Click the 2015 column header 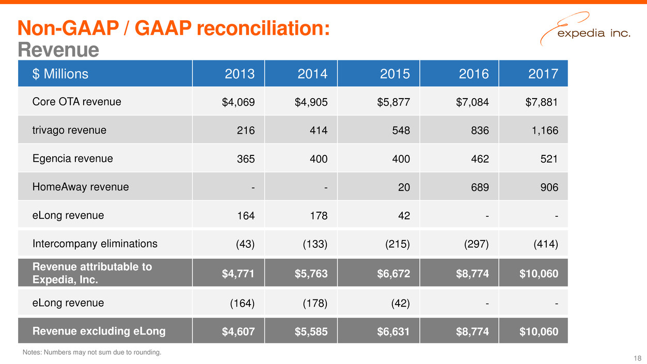click(x=395, y=74)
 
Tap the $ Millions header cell click(x=60, y=74)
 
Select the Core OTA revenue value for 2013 click(x=238, y=102)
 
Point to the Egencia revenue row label click(x=72, y=159)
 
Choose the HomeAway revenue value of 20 click(x=404, y=187)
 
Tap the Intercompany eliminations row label click(x=95, y=244)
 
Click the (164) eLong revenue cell click(x=242, y=303)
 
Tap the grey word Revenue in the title click(x=58, y=50)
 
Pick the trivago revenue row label click(x=69, y=130)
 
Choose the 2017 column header click(x=543, y=74)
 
